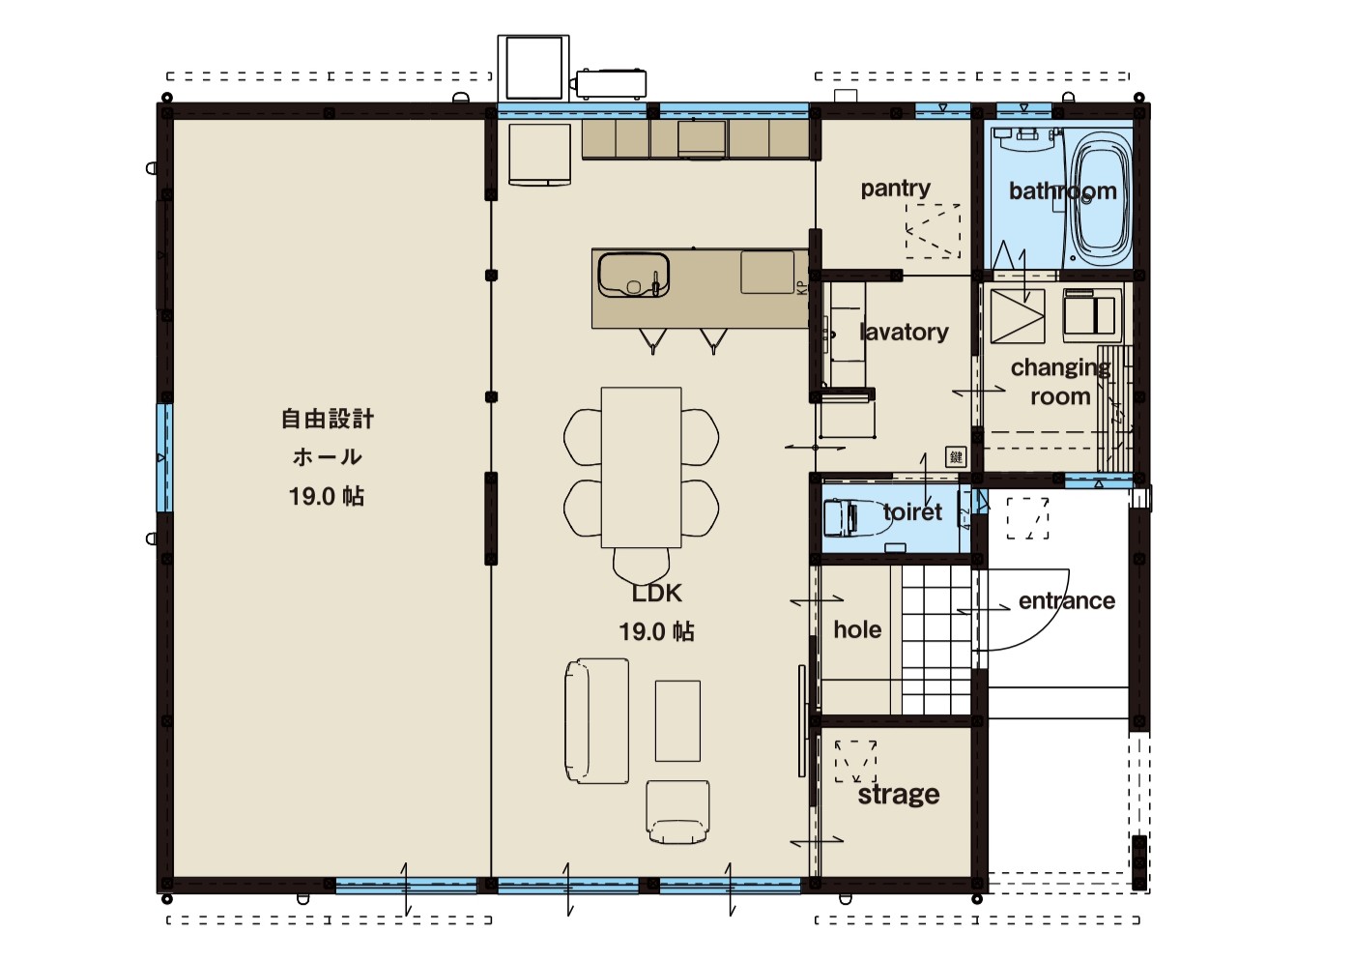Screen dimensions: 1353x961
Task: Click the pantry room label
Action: [895, 189]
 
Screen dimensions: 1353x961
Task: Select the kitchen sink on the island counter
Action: [634, 275]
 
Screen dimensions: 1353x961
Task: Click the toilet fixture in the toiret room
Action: [857, 518]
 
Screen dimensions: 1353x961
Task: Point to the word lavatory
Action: [904, 332]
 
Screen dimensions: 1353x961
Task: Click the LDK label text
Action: [656, 594]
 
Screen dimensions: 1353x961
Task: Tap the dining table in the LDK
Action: [641, 467]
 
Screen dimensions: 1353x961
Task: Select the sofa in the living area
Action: [597, 721]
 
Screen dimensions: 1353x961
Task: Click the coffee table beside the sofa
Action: [677, 721]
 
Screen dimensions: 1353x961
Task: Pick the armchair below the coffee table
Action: [677, 812]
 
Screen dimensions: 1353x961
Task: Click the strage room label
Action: [899, 795]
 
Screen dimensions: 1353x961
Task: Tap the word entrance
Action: [1067, 600]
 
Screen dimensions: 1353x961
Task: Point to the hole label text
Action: [857, 629]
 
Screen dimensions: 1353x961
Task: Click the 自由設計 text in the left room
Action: [328, 419]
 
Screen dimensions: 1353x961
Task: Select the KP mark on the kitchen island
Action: [801, 287]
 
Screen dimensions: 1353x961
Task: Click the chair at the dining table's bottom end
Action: [641, 566]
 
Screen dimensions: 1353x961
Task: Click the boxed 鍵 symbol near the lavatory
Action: [956, 457]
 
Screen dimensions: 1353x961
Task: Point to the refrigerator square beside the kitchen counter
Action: [539, 155]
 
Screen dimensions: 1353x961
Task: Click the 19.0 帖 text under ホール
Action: [327, 497]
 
